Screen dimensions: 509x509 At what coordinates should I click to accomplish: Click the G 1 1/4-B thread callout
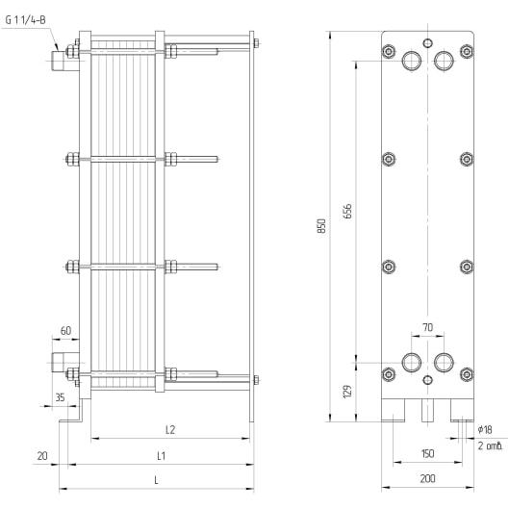coord(26,20)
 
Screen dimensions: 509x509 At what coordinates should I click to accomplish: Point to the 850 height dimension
coord(321,226)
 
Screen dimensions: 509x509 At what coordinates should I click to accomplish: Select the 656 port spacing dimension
coord(347,212)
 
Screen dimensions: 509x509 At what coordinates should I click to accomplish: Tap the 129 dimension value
coord(347,392)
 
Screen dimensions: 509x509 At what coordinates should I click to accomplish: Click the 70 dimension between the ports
coord(428,327)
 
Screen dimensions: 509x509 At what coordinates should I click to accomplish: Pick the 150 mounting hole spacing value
coord(427,453)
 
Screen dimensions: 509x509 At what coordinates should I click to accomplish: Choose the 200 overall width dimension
coord(427,478)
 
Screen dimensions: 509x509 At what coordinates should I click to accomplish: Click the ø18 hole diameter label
coord(485,430)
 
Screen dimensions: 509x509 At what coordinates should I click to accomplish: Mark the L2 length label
coord(170,430)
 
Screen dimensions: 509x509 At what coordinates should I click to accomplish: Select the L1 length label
coord(161,456)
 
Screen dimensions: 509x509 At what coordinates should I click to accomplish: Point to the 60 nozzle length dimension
coord(65,331)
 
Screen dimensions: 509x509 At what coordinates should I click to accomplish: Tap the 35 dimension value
coord(60,397)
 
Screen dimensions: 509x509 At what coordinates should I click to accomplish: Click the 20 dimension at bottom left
coord(42,456)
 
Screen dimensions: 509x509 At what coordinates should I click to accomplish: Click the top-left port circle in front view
coord(412,61)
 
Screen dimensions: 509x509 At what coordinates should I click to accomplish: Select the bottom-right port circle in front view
coord(444,363)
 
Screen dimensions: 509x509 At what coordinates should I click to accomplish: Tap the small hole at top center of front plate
coord(428,43)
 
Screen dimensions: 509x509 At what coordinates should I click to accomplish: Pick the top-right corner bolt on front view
coord(467,51)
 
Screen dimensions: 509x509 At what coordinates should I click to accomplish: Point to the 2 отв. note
coord(491,446)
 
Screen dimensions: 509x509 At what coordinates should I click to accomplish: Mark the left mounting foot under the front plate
coord(394,410)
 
